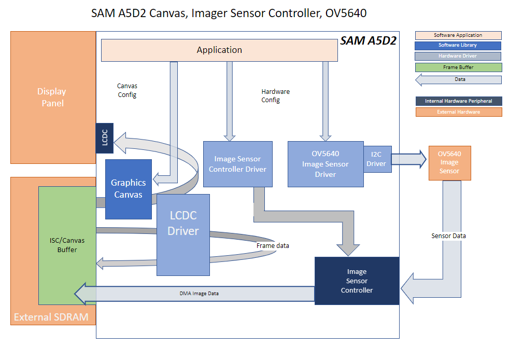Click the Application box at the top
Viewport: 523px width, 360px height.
(219, 50)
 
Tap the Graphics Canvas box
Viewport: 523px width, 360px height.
(128, 188)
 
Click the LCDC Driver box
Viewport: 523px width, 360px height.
(183, 235)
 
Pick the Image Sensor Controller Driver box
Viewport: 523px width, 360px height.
(237, 164)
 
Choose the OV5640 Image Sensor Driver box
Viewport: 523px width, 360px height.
(326, 164)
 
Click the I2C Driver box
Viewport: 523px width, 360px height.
(376, 159)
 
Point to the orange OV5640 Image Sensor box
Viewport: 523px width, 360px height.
(449, 163)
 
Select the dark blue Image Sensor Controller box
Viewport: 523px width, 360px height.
(357, 281)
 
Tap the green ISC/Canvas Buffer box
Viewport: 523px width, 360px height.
(67, 245)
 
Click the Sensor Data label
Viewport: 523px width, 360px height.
(448, 236)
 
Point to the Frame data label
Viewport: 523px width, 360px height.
(273, 245)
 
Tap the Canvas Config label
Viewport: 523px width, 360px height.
(127, 90)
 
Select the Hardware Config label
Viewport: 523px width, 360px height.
(275, 95)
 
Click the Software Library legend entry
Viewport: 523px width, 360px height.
(458, 46)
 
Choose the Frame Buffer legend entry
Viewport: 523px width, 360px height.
(458, 67)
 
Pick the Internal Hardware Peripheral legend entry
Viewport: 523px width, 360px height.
(458, 101)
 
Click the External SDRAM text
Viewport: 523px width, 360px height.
(51, 317)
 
